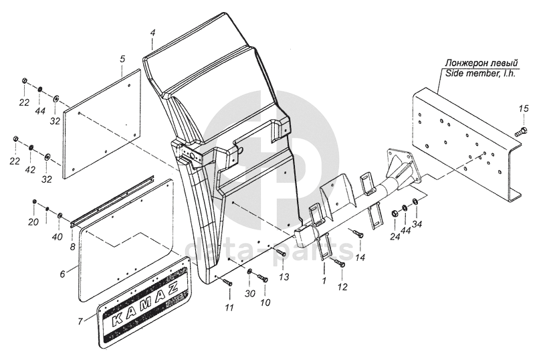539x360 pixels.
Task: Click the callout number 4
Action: click(x=153, y=33)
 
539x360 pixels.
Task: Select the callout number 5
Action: click(x=122, y=58)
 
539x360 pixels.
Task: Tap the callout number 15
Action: click(x=524, y=109)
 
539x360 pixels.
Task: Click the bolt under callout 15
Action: click(x=520, y=132)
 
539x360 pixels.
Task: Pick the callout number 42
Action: click(x=30, y=170)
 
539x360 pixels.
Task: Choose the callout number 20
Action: click(x=33, y=222)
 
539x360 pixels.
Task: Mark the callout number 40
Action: click(x=58, y=237)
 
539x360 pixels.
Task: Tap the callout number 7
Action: click(x=80, y=321)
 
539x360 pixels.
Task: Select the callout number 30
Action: click(x=250, y=293)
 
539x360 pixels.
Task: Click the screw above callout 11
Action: click(x=227, y=282)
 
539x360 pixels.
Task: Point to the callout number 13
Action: click(x=284, y=277)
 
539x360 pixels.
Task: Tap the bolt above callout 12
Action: click(x=340, y=263)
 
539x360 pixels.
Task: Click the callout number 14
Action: click(x=360, y=257)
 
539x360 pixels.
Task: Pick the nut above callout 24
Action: click(x=395, y=214)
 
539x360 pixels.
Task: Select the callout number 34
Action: click(x=417, y=224)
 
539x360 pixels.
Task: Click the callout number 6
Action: click(x=62, y=274)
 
